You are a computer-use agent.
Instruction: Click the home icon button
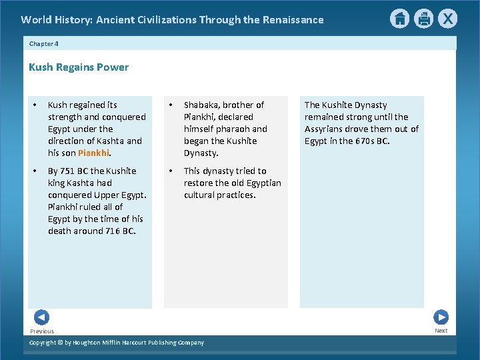pos(399,19)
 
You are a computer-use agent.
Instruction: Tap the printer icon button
pos(423,19)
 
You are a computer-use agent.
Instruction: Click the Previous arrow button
pos(41,317)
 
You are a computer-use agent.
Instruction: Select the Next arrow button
pos(441,317)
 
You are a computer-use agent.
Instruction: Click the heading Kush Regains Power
pos(79,67)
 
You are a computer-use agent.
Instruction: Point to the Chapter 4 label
pos(44,43)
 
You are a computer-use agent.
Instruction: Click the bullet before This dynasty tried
pos(172,171)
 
